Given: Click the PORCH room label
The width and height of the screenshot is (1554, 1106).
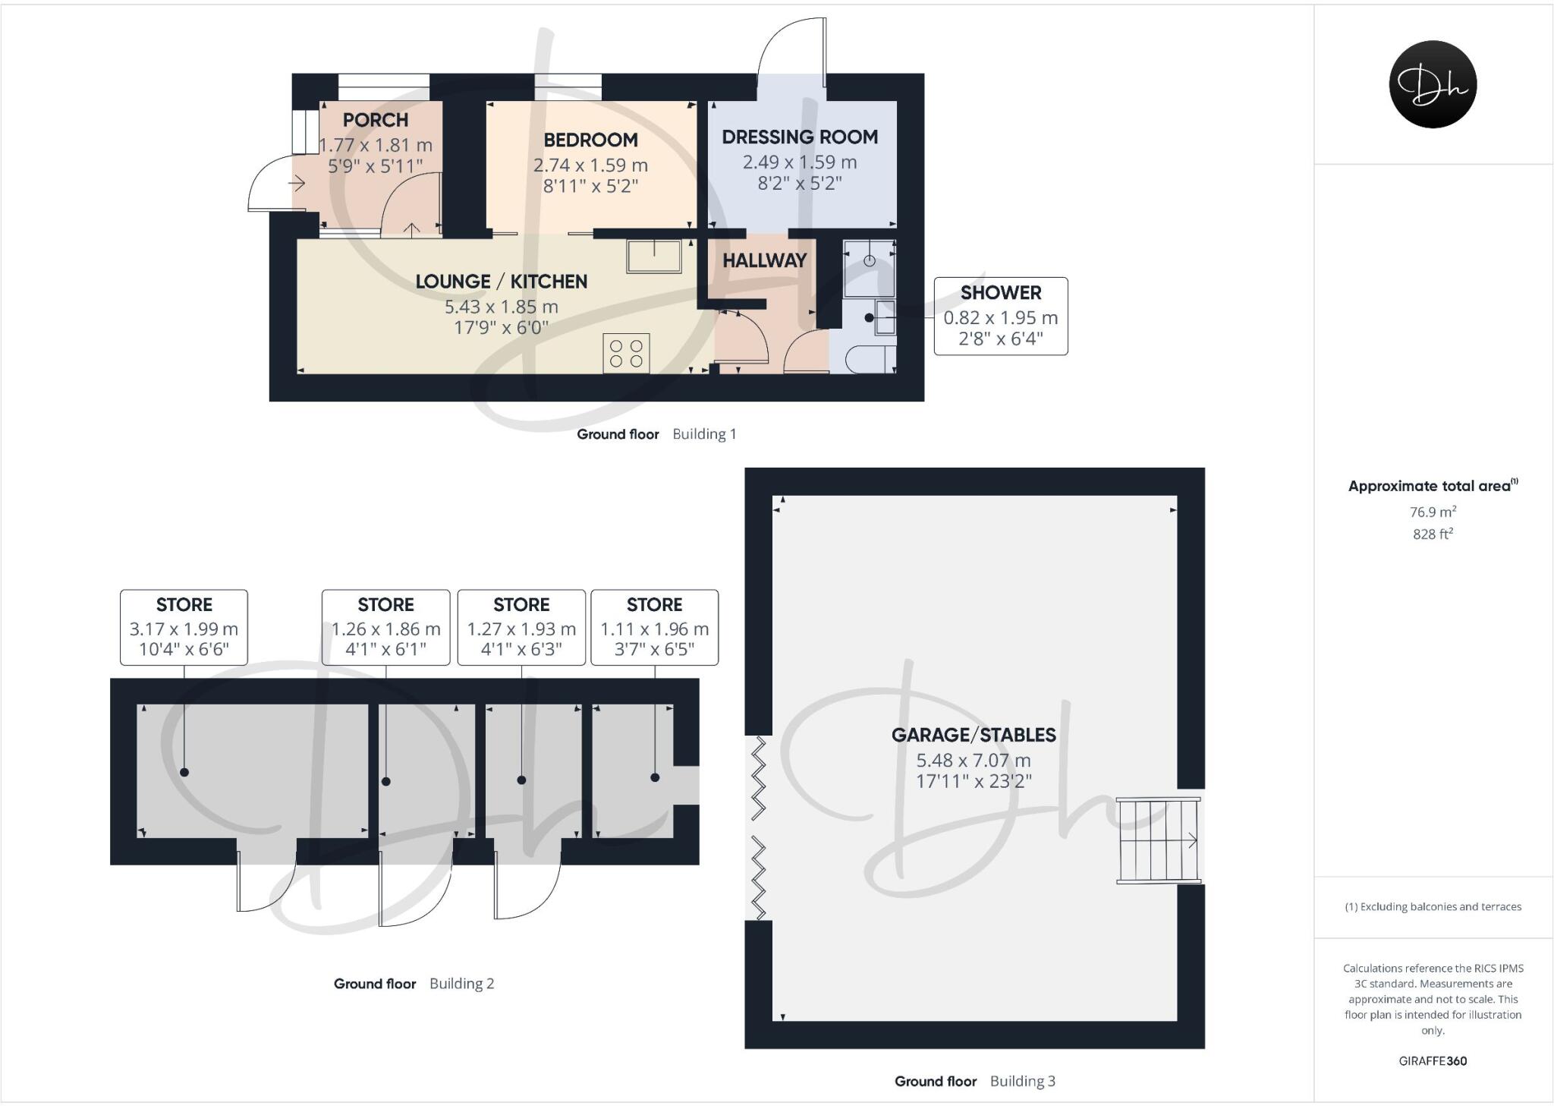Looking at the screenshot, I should (x=375, y=120).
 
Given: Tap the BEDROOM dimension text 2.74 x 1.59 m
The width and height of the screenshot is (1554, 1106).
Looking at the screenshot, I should (x=590, y=165).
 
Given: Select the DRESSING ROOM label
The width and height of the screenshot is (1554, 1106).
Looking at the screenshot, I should (x=800, y=137).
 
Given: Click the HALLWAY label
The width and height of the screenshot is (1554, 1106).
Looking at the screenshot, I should (x=764, y=260).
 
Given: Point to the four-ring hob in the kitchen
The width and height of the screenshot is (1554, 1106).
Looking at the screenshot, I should (x=627, y=354).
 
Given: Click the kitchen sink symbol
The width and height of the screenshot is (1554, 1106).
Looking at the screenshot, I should (x=653, y=257).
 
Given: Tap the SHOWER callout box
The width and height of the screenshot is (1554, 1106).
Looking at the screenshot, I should (x=1000, y=316).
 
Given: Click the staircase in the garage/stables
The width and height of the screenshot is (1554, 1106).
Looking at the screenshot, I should (x=1157, y=840).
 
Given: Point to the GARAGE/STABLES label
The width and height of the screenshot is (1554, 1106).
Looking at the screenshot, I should (x=973, y=735).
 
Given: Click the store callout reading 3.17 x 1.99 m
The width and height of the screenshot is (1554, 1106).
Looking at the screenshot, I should (x=184, y=627).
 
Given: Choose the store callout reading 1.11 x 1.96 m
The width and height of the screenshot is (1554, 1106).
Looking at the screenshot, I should (x=654, y=627).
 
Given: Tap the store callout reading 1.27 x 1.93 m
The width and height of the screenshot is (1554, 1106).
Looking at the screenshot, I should (x=521, y=627).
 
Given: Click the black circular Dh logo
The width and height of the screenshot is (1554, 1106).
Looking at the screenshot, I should (x=1433, y=84).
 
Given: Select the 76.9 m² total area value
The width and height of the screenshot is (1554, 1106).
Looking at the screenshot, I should (x=1433, y=512).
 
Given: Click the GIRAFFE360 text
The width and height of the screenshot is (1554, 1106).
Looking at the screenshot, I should (x=1433, y=1061).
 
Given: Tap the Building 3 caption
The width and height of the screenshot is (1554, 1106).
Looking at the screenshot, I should (x=1022, y=1081).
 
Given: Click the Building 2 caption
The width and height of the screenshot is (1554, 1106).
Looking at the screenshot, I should (x=461, y=984).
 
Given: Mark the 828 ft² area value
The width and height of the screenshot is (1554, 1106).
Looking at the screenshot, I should (x=1433, y=534).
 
